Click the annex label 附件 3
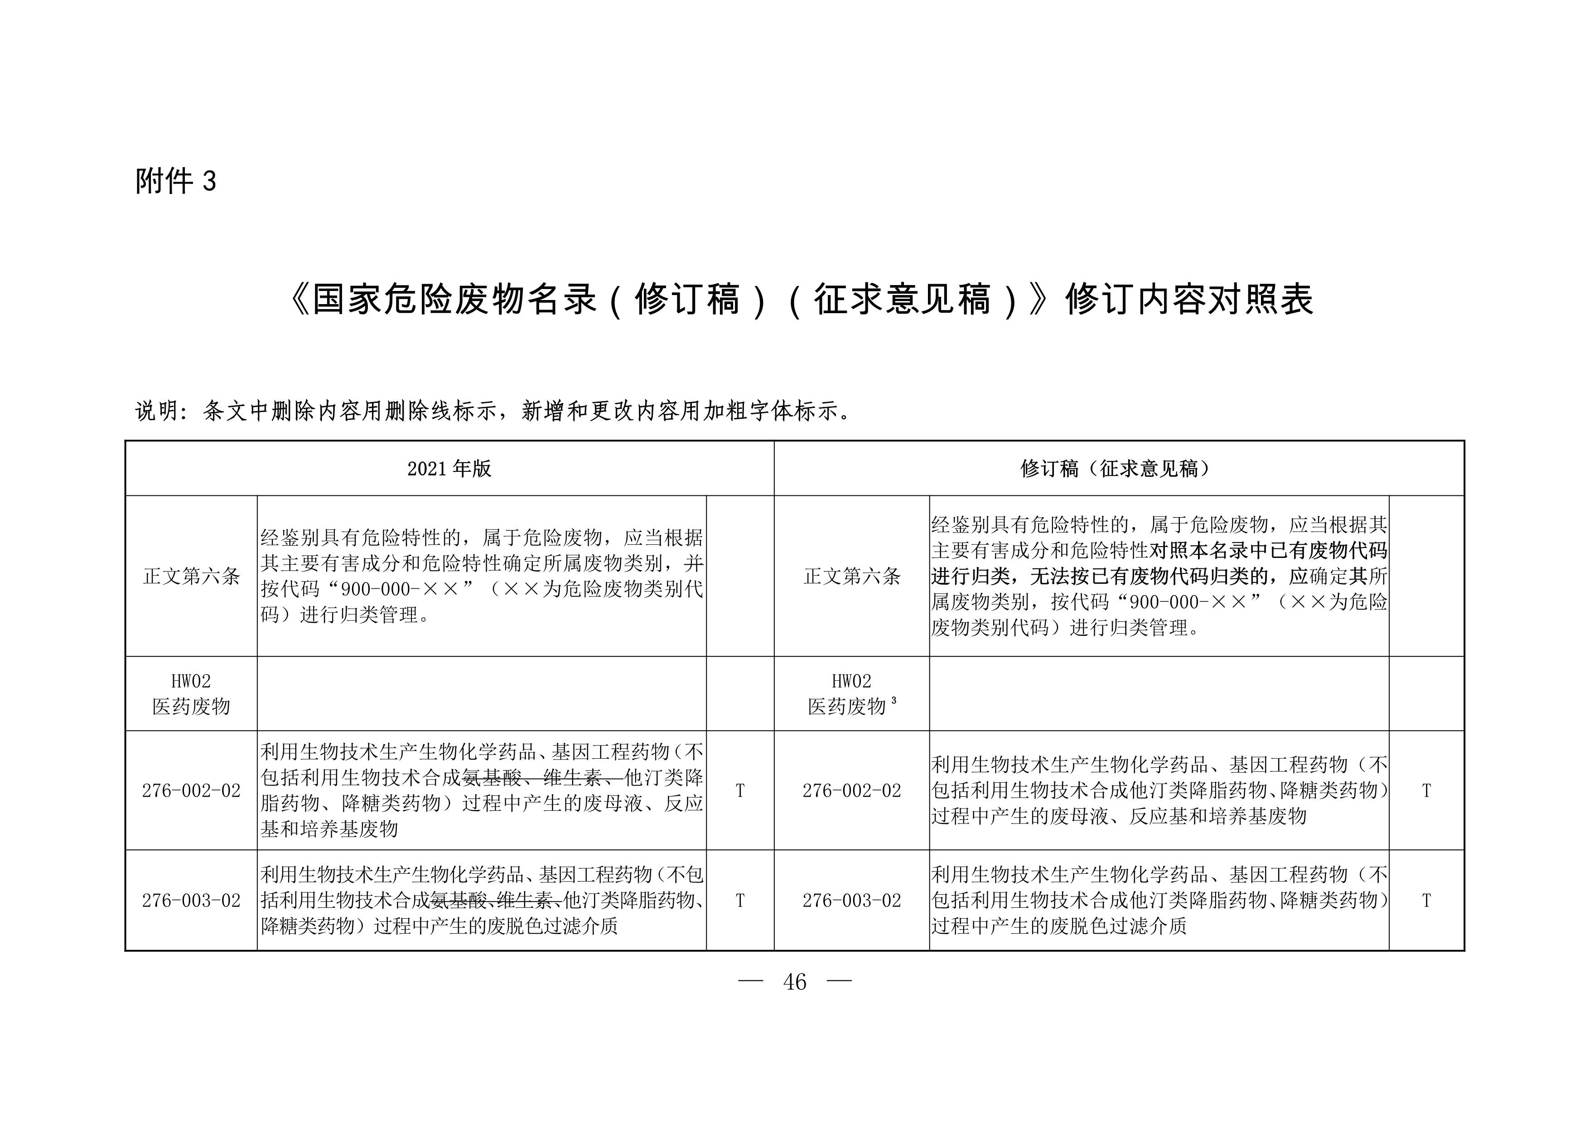pos(175,181)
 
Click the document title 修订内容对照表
pos(1188,300)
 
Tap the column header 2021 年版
pos(449,469)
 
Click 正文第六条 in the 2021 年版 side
pos(191,576)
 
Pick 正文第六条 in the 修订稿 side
pos(851,576)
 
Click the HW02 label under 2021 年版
pos(191,681)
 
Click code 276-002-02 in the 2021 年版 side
pos(191,790)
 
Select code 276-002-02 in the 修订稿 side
pos(851,790)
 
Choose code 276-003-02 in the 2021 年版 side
pos(191,901)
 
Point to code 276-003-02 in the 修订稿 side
pos(851,901)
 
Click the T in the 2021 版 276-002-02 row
pos(740,790)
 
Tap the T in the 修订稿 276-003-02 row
pos(1426,901)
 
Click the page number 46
pos(795,981)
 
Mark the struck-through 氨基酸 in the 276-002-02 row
pos(492,778)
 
